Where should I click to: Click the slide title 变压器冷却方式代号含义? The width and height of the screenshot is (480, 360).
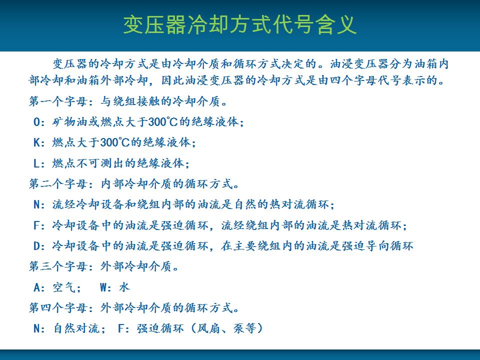240,24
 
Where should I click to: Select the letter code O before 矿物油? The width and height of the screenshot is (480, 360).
36,122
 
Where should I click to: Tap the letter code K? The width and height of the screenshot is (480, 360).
36,142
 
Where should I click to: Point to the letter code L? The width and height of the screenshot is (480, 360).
36,163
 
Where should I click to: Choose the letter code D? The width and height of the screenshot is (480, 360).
36,246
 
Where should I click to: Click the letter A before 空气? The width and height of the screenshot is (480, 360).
37,287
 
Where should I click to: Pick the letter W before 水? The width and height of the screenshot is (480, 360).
104,287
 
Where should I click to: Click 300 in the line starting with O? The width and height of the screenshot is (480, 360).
157,122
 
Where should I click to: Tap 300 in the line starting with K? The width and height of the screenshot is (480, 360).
109,142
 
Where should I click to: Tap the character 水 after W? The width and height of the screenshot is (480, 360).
124,287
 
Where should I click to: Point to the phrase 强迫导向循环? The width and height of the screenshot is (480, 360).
377,246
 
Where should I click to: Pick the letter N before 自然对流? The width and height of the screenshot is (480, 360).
36,329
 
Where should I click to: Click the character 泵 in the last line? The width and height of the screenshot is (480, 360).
238,328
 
